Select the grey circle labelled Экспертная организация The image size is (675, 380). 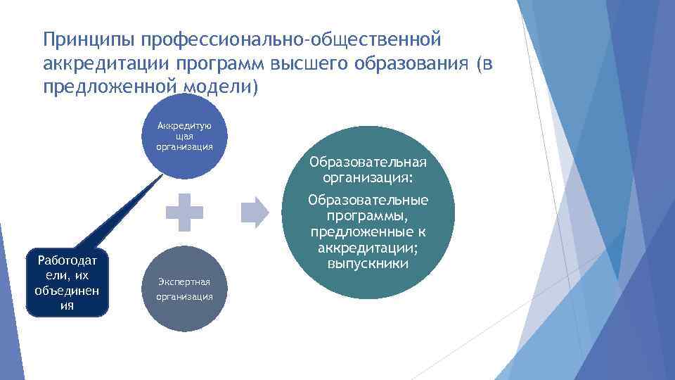[185, 289]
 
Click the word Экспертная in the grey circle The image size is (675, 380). [185, 281]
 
